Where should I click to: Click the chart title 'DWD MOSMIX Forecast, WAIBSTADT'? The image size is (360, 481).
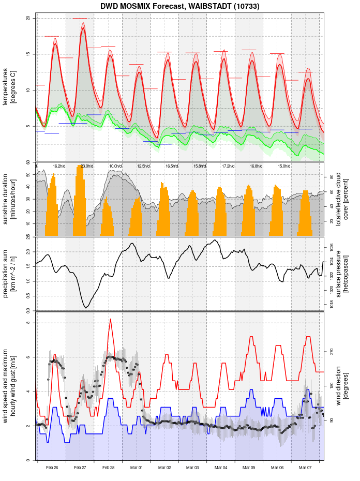[x=180, y=6]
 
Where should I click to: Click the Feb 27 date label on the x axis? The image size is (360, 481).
[x=80, y=468]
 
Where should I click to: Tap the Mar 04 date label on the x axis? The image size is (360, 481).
[x=221, y=468]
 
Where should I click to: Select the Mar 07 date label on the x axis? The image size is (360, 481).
[x=305, y=468]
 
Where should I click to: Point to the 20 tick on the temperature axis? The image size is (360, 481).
[x=28, y=19]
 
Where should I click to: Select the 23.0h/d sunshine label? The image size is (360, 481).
[x=87, y=166]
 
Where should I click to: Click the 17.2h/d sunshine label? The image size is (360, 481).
[x=228, y=166]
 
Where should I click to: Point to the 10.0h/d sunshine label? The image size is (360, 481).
[x=115, y=166]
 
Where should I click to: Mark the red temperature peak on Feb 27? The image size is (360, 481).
[x=83, y=29]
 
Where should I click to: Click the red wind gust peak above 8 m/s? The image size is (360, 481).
[x=110, y=320]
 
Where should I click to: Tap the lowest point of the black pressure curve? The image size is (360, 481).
[x=86, y=308]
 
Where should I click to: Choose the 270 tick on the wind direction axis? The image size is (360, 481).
[x=331, y=351]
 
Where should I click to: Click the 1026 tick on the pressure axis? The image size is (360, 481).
[x=331, y=247]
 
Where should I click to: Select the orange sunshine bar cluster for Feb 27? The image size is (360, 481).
[x=80, y=202]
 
